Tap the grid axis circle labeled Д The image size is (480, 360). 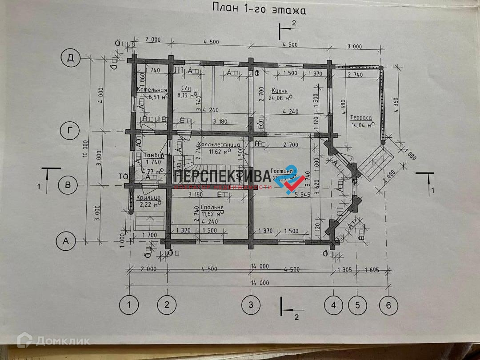tap(70, 58)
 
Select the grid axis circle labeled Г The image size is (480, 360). tap(70, 131)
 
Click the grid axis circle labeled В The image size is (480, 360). tap(68, 185)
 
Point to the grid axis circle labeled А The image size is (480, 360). tap(66, 241)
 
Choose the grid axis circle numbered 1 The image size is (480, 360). tap(129, 305)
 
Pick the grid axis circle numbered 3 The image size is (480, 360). tap(251, 305)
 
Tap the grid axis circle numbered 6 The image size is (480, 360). tap(388, 305)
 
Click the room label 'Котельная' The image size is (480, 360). tap(152, 90)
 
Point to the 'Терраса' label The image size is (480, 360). tap(360, 118)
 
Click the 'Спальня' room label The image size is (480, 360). tap(212, 207)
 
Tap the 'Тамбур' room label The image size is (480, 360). tap(154, 156)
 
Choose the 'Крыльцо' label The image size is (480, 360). tap(148, 198)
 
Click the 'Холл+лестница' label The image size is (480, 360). tap(219, 145)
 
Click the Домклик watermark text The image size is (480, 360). tap(63, 341)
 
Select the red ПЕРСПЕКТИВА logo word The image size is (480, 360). tap(222, 176)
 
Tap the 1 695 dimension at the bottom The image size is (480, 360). tap(374, 270)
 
